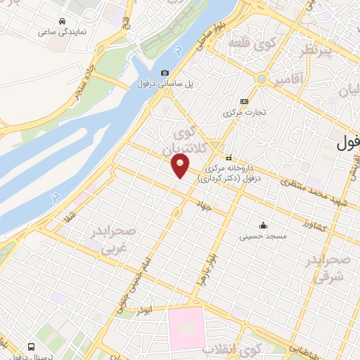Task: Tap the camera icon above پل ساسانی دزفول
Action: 165,72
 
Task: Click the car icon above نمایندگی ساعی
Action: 63,21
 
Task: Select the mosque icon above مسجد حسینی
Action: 263,225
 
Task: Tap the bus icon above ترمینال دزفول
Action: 31,347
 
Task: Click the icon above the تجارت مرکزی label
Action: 243,101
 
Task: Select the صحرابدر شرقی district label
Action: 328,270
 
